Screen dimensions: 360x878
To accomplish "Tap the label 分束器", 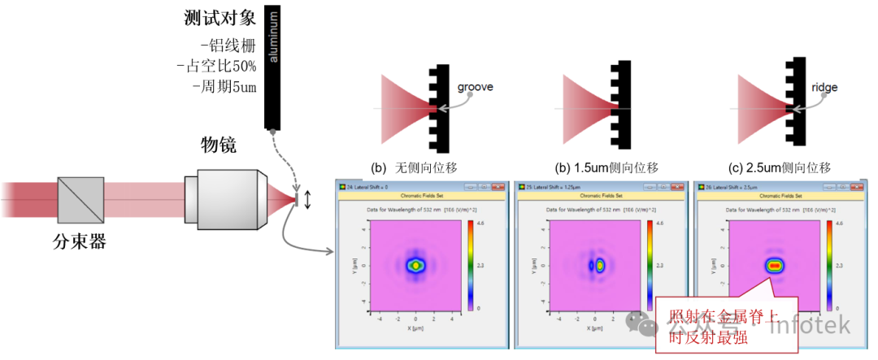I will [x=80, y=241].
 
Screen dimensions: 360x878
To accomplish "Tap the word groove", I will [x=476, y=86].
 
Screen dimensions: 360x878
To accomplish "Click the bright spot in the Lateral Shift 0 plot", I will [x=416, y=265].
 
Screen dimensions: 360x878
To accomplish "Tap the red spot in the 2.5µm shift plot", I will [x=775, y=265].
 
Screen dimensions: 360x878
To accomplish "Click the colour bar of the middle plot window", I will [x=649, y=265].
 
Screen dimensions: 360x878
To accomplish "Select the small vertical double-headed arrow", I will [x=307, y=199].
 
